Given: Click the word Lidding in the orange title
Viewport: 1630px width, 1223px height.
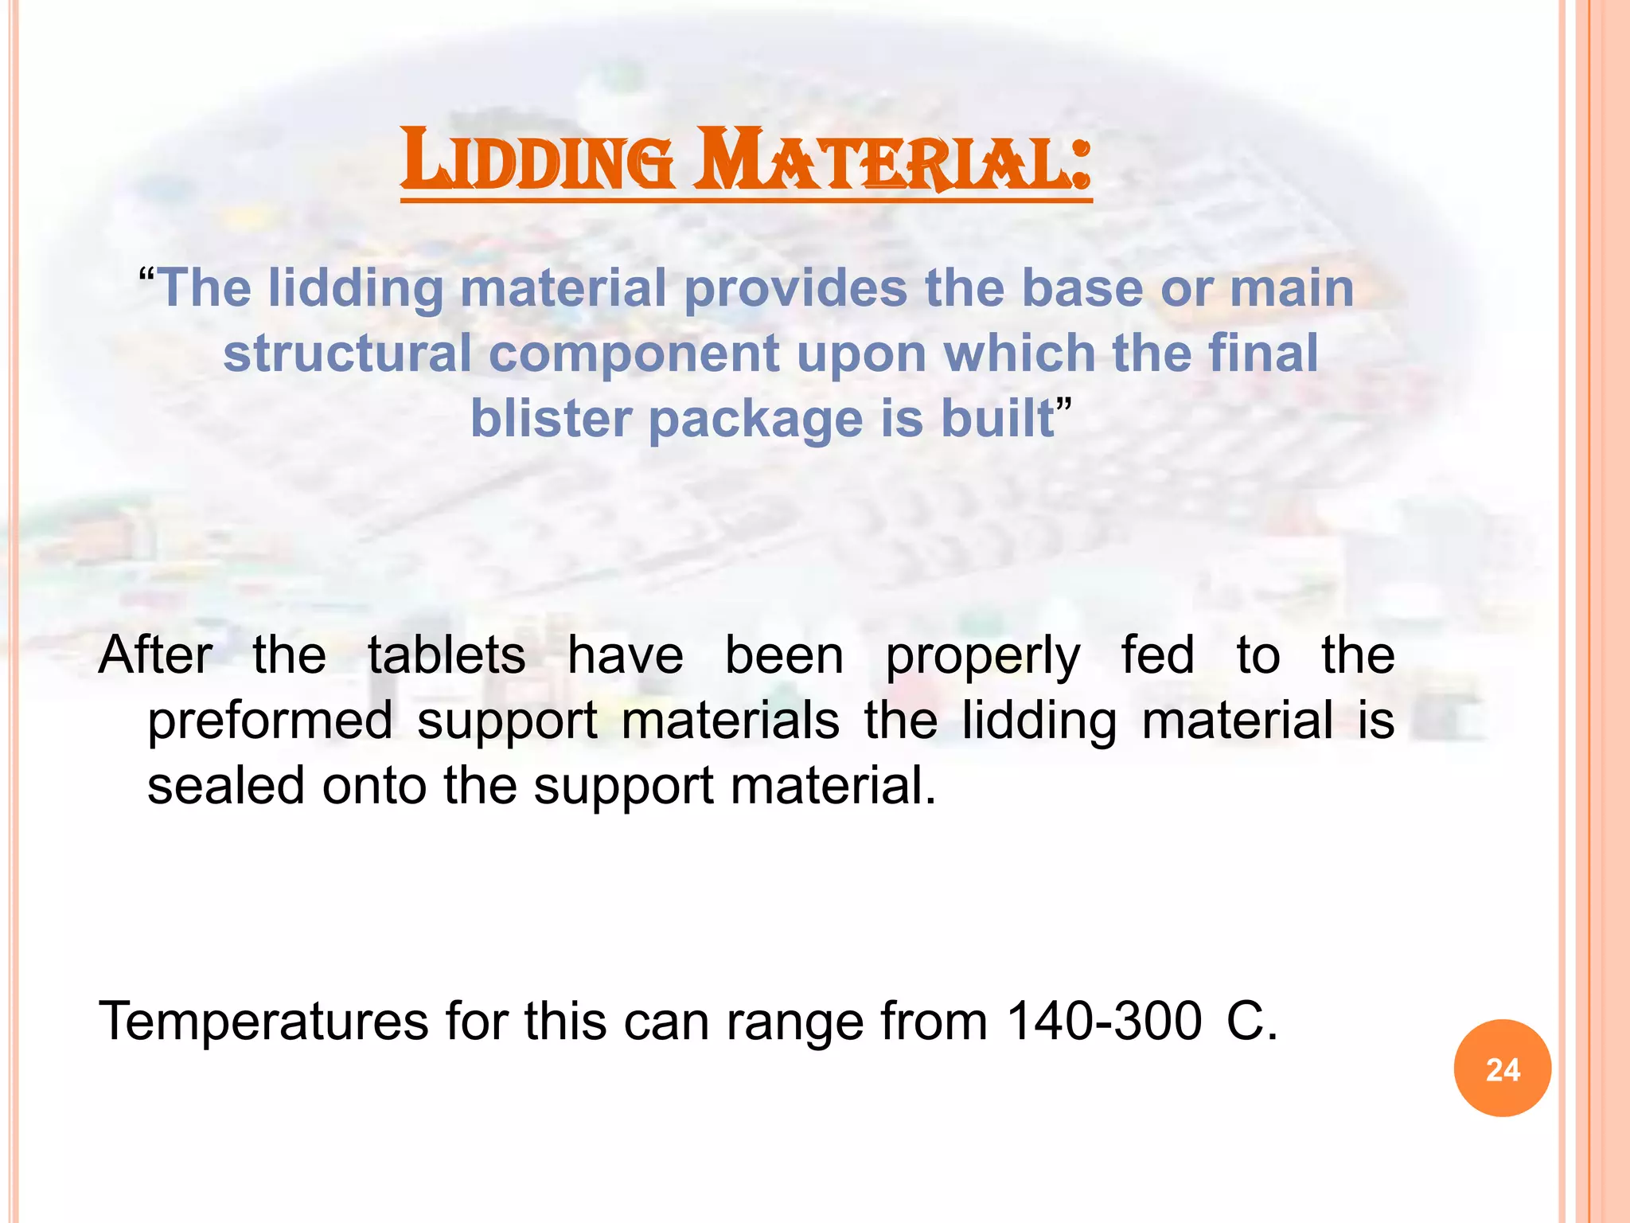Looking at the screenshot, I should tap(538, 161).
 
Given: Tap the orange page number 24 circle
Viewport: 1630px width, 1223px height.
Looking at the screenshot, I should tap(1502, 1069).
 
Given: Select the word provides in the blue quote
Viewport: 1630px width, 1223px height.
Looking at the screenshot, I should tap(795, 288).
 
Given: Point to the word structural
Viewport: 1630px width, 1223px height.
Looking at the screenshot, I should tap(347, 354).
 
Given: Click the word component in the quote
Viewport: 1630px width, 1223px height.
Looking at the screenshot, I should tap(634, 355).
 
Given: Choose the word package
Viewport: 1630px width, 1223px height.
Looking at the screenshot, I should tap(756, 420).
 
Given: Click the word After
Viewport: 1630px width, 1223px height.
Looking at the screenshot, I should tap(155, 656).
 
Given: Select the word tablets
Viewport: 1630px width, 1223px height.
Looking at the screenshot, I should tap(446, 656).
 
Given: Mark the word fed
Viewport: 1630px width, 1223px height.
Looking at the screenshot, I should tap(1157, 656).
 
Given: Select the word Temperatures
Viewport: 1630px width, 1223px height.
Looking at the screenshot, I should tap(263, 1022).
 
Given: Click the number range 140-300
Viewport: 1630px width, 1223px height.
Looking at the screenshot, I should tap(1104, 1022).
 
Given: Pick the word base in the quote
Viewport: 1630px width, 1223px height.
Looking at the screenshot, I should tap(1082, 288).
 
